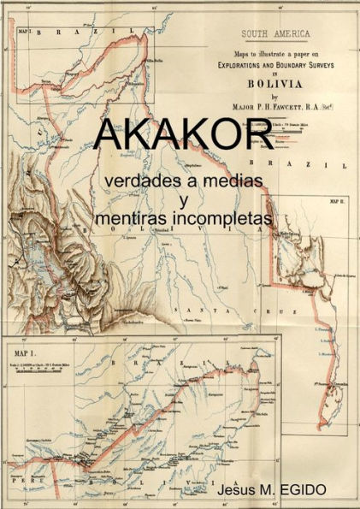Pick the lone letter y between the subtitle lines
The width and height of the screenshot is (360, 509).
tap(182, 201)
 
